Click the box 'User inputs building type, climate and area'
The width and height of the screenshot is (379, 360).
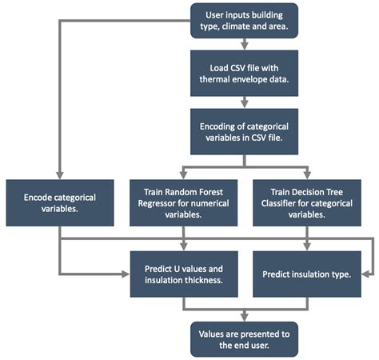(244, 21)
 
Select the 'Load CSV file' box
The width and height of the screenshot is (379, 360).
(244, 73)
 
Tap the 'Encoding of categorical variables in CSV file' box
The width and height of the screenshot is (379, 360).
(244, 131)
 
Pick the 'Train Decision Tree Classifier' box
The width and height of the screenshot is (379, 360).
(307, 203)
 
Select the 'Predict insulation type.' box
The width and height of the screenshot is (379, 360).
(307, 273)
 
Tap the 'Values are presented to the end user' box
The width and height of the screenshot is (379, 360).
(244, 338)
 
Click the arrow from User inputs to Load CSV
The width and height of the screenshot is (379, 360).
(244, 46)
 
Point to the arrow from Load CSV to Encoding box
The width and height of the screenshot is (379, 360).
(244, 102)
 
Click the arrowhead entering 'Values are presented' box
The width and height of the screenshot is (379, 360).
(244, 318)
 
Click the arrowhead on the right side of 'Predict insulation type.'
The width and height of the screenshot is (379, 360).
(367, 274)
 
